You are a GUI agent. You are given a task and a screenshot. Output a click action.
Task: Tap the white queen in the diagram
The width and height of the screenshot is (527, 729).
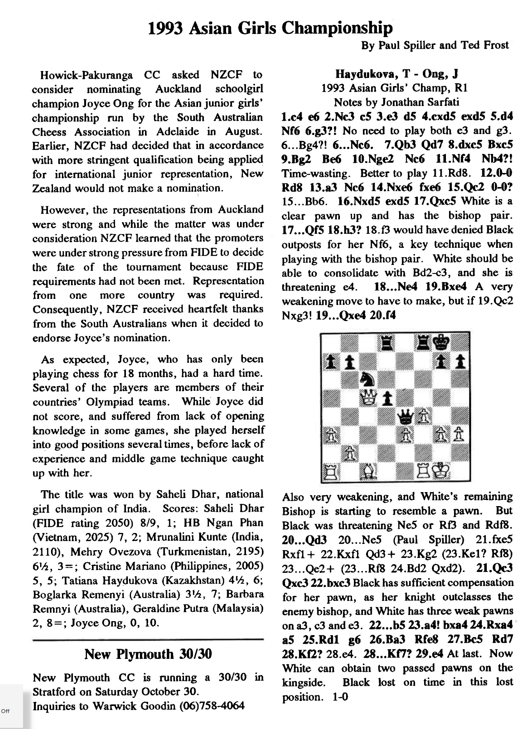pos(368,398)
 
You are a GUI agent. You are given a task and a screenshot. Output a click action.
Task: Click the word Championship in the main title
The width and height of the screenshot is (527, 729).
pos(338,28)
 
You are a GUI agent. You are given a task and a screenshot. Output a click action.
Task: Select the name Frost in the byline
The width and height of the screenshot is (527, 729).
pos(495,45)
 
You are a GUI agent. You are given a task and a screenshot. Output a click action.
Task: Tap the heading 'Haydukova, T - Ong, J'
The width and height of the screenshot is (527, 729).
pos(397,74)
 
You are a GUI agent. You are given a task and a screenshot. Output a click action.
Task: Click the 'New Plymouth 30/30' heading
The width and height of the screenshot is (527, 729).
pos(148,654)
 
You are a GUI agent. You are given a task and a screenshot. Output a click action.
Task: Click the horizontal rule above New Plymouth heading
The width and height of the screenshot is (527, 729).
pos(148,639)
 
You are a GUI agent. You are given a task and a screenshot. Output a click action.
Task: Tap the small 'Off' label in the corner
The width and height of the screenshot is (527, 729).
pos(5,711)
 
